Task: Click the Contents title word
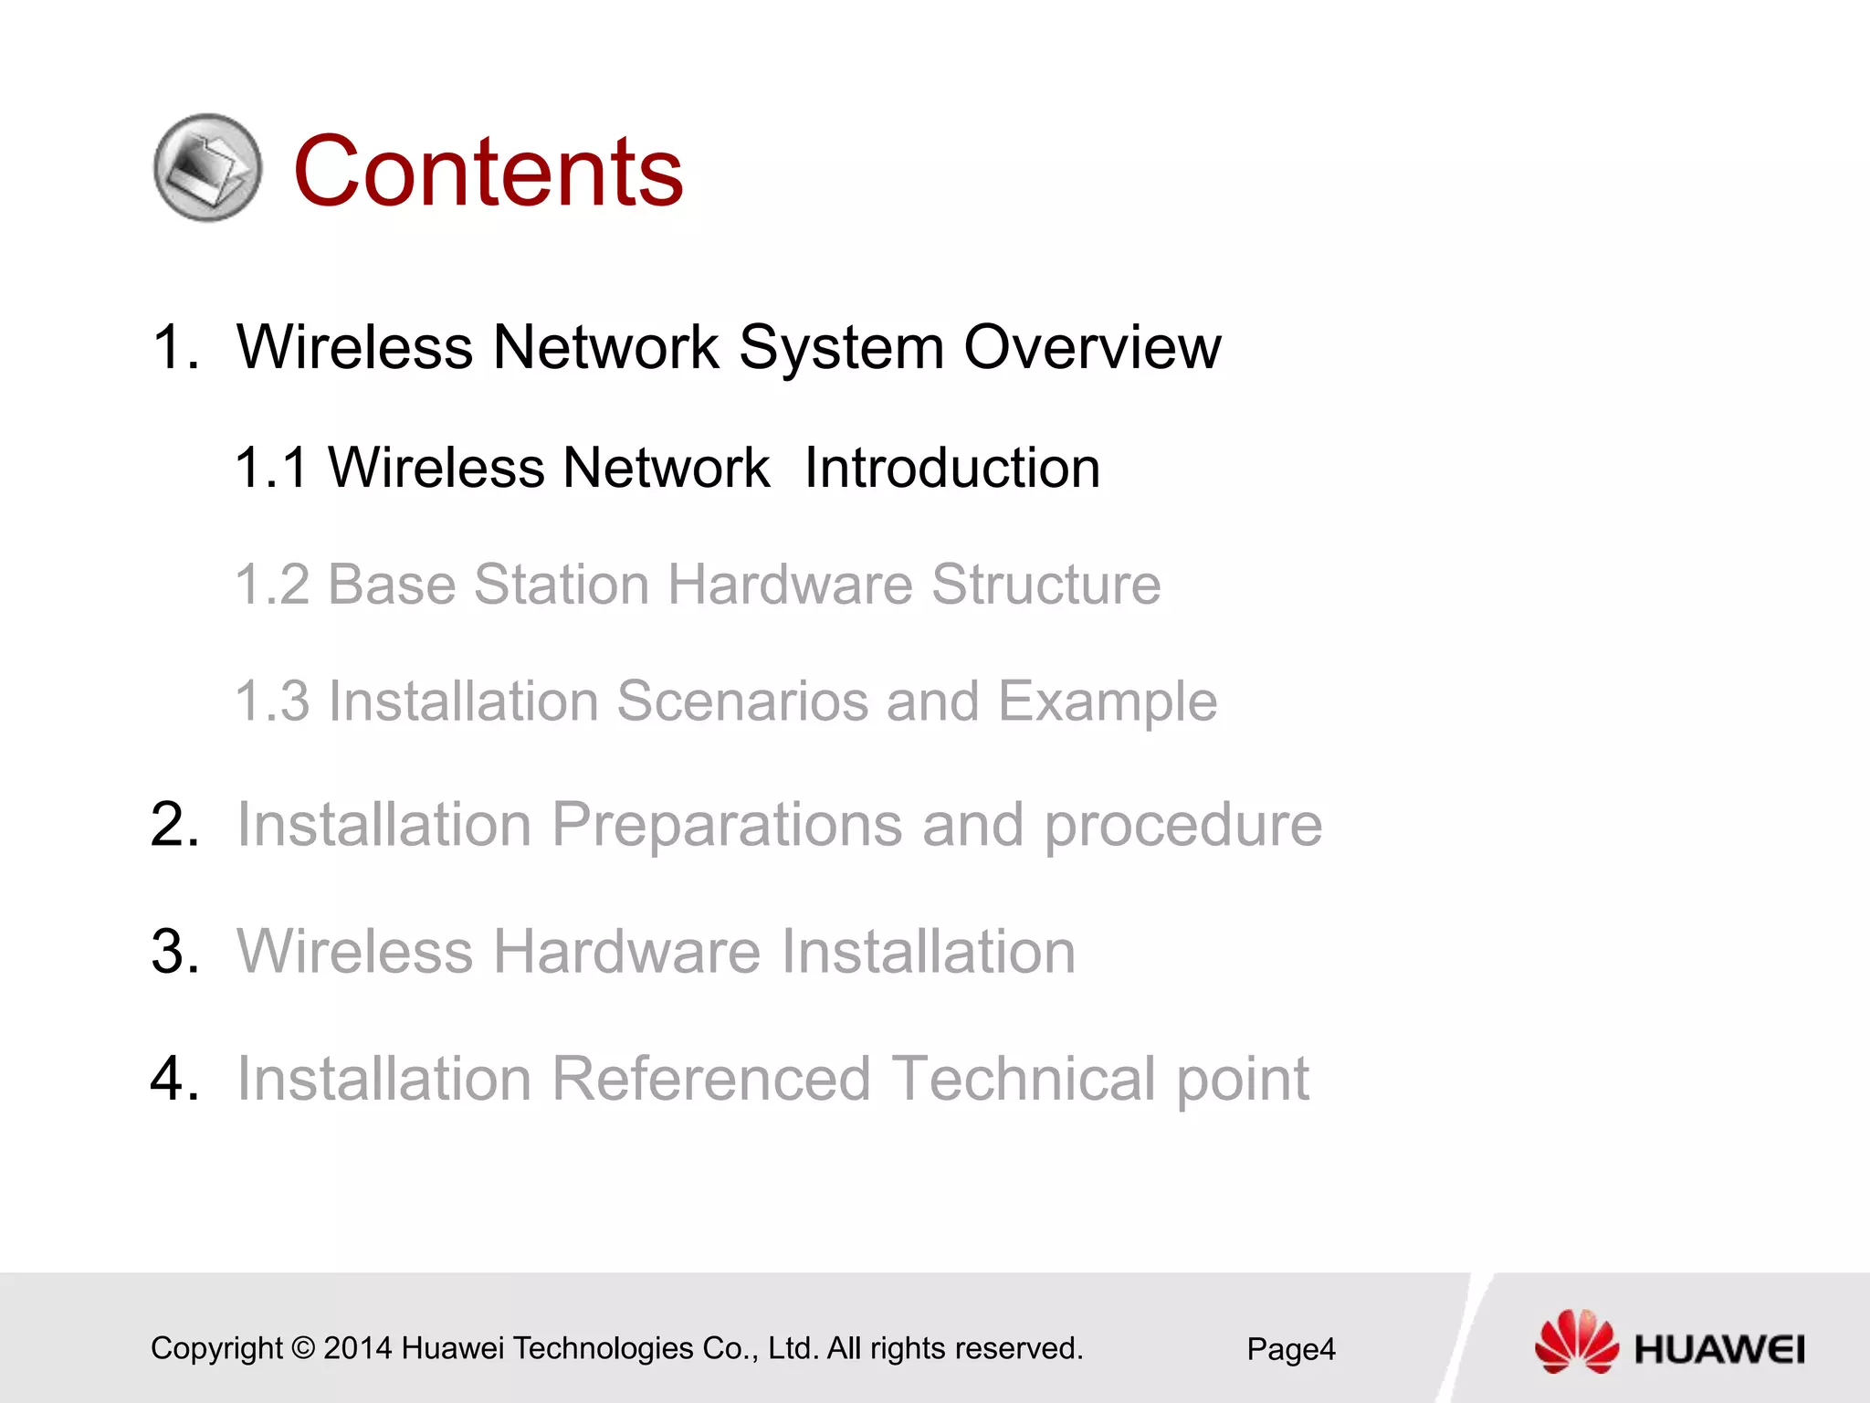coord(488,171)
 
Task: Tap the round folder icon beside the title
coord(207,167)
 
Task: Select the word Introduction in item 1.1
coord(951,468)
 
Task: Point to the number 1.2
coord(272,585)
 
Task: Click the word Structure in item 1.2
coord(1045,585)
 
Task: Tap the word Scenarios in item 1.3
coord(741,701)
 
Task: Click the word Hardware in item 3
coord(628,952)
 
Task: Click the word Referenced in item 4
coord(710,1079)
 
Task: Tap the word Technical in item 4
coord(1023,1079)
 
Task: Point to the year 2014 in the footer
coord(357,1348)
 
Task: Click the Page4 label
coord(1290,1349)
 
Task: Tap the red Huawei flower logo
coord(1576,1341)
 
